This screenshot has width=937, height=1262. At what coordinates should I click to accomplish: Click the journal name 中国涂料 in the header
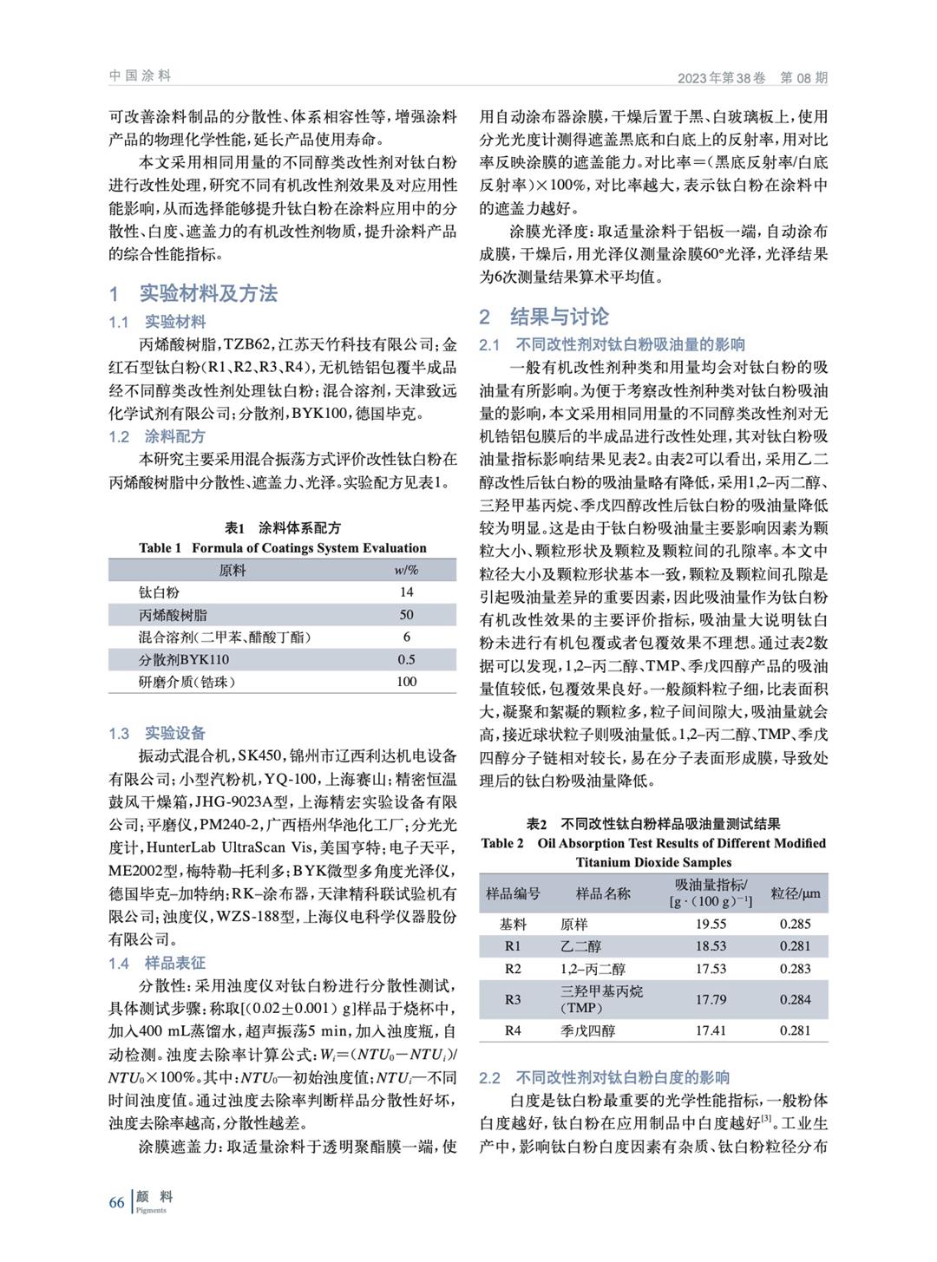click(x=140, y=76)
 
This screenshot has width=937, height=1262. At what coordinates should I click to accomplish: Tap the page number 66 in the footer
click(x=117, y=1202)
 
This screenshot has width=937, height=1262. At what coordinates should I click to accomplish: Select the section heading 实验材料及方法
click(x=208, y=293)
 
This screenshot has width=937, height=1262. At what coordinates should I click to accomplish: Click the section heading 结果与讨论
click(x=559, y=316)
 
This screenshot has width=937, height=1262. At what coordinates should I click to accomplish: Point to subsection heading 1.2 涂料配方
click(x=157, y=436)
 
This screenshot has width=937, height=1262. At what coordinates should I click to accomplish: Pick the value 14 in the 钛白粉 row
click(x=406, y=592)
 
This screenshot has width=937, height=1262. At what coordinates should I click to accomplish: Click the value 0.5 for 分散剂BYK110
click(x=406, y=659)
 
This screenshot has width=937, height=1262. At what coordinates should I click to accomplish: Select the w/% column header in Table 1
click(x=406, y=570)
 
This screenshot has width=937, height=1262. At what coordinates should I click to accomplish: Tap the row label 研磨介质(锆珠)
click(x=187, y=682)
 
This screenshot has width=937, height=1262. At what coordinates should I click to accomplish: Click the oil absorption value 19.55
click(x=711, y=924)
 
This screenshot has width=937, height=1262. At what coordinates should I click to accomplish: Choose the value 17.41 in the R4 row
click(x=711, y=1030)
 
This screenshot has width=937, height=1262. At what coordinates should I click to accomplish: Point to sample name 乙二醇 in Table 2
click(x=580, y=946)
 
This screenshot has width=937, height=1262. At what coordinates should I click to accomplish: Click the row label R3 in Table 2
click(x=513, y=999)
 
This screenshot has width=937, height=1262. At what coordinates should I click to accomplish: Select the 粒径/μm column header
click(x=795, y=893)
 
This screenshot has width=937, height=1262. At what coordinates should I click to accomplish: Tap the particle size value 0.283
click(x=795, y=969)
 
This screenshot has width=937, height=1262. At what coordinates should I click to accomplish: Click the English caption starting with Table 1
click(x=282, y=548)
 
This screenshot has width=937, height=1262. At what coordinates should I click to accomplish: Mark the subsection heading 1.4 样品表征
click(x=157, y=963)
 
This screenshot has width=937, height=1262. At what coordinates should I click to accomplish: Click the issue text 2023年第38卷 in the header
click(x=722, y=78)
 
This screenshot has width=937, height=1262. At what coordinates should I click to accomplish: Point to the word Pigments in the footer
click(x=151, y=1210)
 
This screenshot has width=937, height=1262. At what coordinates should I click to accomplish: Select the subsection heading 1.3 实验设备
click(x=157, y=733)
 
